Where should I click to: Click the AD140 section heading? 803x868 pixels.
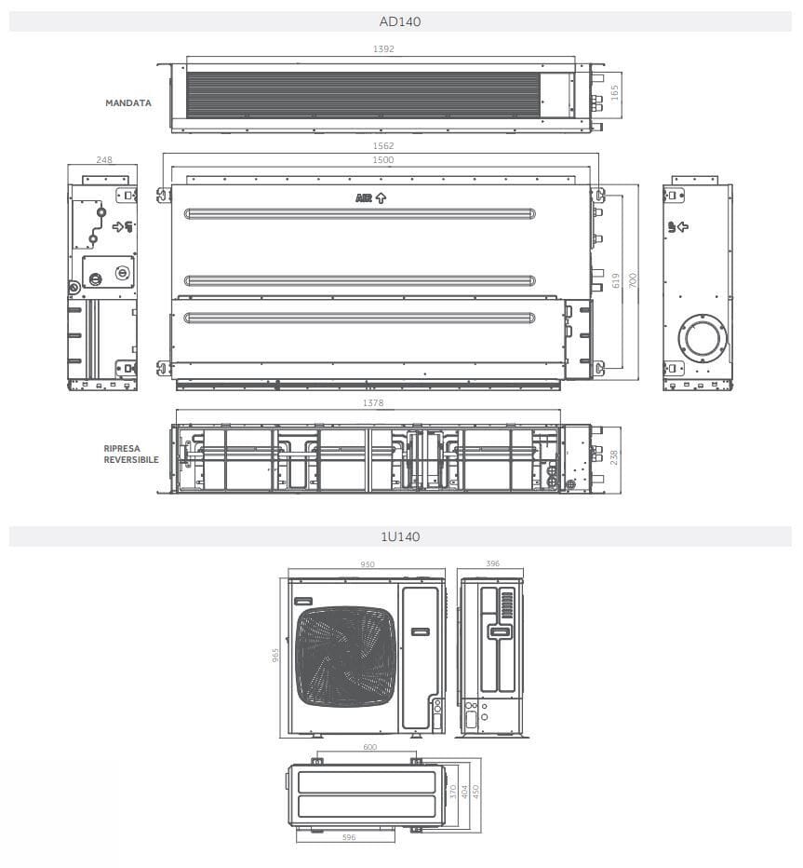tap(400, 21)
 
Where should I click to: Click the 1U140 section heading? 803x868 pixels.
tap(400, 536)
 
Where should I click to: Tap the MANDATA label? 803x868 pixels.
tap(128, 103)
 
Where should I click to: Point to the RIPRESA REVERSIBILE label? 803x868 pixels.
tap(131, 454)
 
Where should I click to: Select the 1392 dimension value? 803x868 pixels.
tap(381, 49)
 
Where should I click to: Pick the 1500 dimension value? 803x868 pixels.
tap(382, 159)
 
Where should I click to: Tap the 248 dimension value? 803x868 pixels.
tap(104, 159)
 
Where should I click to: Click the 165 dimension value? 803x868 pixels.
tap(613, 93)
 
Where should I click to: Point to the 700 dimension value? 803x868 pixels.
tap(633, 280)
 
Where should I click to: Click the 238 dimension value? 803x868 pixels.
tap(614, 456)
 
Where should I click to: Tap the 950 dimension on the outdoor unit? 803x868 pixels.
tap(367, 564)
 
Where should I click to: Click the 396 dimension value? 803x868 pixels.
tap(492, 563)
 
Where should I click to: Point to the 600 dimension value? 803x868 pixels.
tap(369, 747)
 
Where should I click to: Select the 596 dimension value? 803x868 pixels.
tap(348, 837)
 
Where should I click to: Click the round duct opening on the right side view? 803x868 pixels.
tap(697, 336)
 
